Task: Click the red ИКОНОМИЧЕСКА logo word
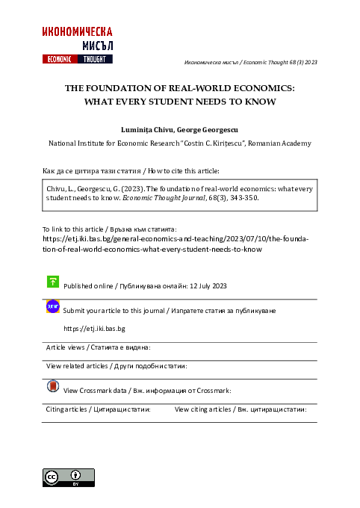click(x=78, y=31)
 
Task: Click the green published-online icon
click(x=53, y=282)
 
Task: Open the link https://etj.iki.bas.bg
click(x=94, y=328)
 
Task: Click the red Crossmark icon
click(x=53, y=386)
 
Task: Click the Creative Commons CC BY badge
click(x=69, y=477)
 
